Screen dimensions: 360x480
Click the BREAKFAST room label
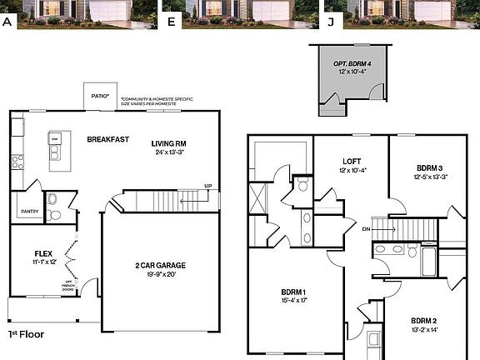tap(108, 139)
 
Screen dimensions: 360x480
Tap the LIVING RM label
tap(169, 142)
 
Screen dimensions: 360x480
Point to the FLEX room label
tap(43, 252)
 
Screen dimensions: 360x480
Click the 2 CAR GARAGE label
tap(161, 265)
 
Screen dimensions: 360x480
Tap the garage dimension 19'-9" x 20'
tap(161, 273)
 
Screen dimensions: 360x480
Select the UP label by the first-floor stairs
tap(207, 186)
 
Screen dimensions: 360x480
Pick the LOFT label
tap(351, 162)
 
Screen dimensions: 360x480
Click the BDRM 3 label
tap(429, 167)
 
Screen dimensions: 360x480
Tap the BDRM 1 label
tap(295, 292)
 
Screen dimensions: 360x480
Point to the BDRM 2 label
tap(424, 320)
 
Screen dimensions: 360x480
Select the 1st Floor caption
tap(26, 334)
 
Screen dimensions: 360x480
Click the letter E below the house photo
tap(171, 22)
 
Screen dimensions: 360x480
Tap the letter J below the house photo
tap(330, 22)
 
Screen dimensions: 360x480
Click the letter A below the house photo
tap(7, 22)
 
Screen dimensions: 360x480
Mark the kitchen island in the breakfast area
tap(57, 150)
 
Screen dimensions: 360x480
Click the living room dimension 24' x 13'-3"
tap(169, 152)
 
